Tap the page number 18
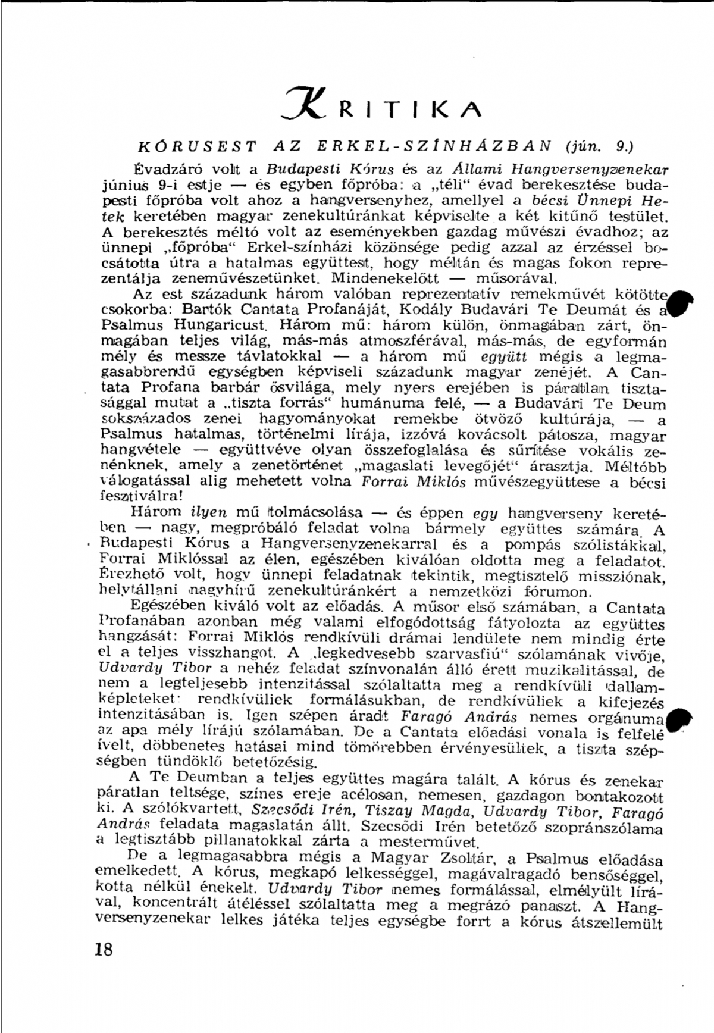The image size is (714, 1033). (103, 949)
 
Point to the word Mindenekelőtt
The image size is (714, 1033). (385, 278)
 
